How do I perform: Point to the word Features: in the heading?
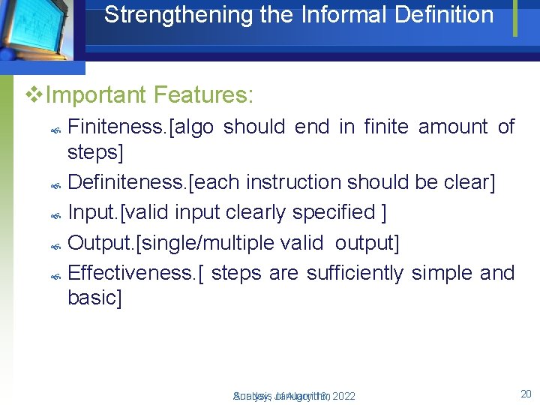coord(204,95)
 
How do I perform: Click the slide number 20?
coord(525,394)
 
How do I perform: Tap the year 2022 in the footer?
coord(343,396)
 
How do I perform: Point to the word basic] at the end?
coord(94,298)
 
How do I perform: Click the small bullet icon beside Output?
coord(55,246)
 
